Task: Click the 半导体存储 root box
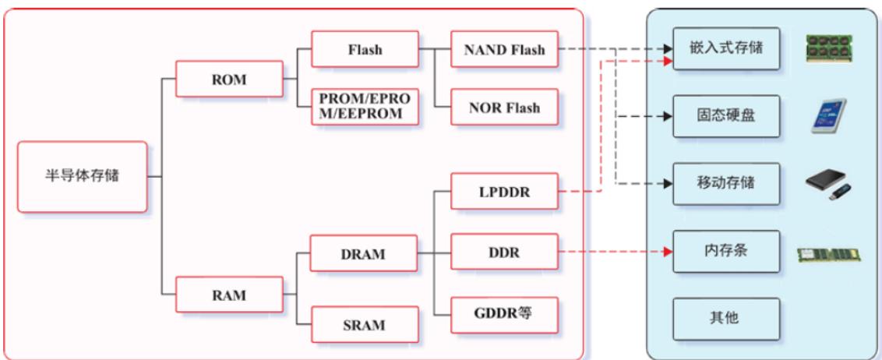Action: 82,177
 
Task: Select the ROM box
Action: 229,79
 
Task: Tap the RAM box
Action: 229,295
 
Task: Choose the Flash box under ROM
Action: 365,50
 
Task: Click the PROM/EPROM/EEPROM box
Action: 365,106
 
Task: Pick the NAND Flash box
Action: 505,50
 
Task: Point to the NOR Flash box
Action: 505,107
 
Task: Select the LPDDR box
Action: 505,192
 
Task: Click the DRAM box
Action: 363,254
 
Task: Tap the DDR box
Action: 505,252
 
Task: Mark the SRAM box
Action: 365,325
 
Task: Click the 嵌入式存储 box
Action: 726,48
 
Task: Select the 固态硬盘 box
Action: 726,116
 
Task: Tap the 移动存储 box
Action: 726,184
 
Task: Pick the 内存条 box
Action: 726,252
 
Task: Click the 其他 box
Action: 726,319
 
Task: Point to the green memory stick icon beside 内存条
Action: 828,254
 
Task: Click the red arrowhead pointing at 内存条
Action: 668,252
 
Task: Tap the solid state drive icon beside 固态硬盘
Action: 828,116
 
